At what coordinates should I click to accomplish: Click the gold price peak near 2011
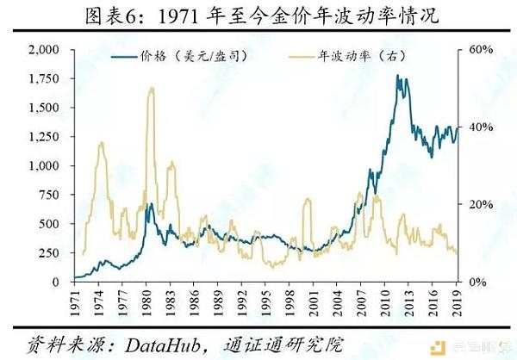[x=397, y=76]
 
